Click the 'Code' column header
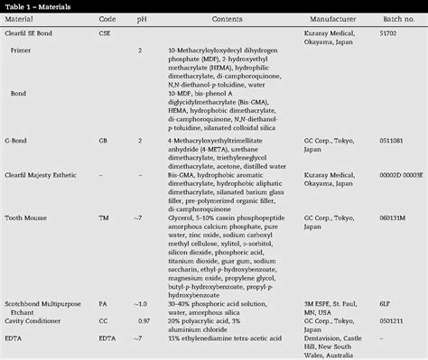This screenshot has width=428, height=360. (x=107, y=18)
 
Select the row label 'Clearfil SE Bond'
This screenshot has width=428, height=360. (x=29, y=31)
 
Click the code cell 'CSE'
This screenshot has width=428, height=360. (x=105, y=31)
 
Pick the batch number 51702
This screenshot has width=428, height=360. (x=389, y=31)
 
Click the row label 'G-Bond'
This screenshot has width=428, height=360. (x=15, y=141)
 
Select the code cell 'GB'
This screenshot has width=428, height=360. (x=104, y=141)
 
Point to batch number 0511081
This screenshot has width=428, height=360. (x=393, y=141)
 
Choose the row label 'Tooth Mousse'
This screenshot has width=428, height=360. (x=25, y=217)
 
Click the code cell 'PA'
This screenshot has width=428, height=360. (x=104, y=303)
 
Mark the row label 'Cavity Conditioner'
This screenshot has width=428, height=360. (x=33, y=319)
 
